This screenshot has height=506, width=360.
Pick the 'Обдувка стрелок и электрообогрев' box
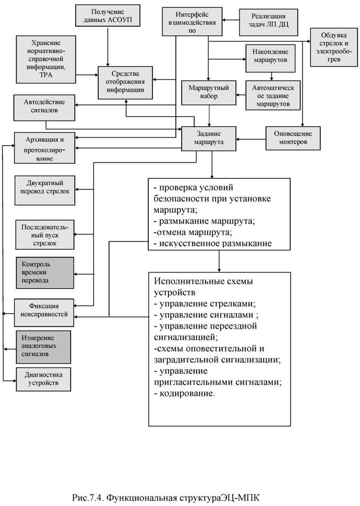click(332, 47)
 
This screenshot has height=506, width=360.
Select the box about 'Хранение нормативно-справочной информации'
click(45, 58)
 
